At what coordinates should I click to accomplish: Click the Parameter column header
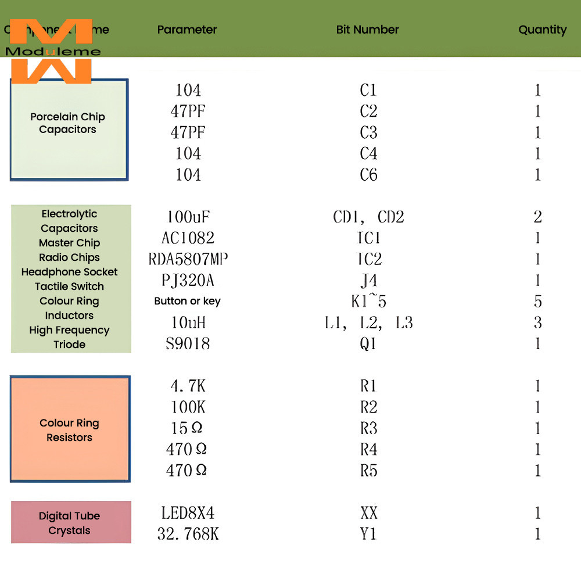coord(187,30)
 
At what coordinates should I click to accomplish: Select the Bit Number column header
coord(367,30)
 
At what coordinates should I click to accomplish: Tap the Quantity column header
coord(542,30)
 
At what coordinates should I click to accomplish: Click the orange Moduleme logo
coord(51,51)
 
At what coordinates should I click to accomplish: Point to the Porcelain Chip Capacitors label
coord(68,123)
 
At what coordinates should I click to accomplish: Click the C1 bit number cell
coord(368,90)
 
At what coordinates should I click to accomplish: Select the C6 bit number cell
coord(368,174)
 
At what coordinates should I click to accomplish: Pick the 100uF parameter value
coord(188,217)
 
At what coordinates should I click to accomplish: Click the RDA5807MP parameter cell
coord(188,259)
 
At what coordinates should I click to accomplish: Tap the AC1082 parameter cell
coord(188,238)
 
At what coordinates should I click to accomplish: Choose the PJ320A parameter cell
coord(188,281)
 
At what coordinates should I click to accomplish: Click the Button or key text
coord(187,301)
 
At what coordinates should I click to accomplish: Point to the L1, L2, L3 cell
coord(368,322)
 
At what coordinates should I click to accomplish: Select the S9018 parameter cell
coord(188,343)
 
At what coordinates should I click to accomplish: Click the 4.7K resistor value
coord(188,386)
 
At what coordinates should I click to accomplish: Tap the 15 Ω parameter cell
coord(187,428)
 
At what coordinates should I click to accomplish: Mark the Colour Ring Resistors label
coord(69,430)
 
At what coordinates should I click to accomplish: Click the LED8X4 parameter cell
coord(188,513)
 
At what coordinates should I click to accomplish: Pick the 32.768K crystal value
coord(188,534)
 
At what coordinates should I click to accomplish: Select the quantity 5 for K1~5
coord(537,302)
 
